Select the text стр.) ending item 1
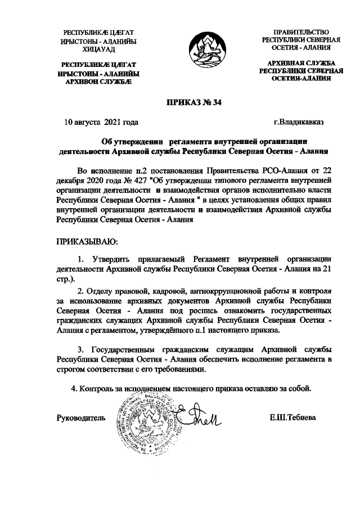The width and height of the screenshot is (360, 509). pyautogui.click(x=65, y=280)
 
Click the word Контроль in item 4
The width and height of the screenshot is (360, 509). pyautogui.click(x=97, y=389)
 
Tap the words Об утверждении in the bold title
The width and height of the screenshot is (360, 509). pyautogui.click(x=127, y=142)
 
